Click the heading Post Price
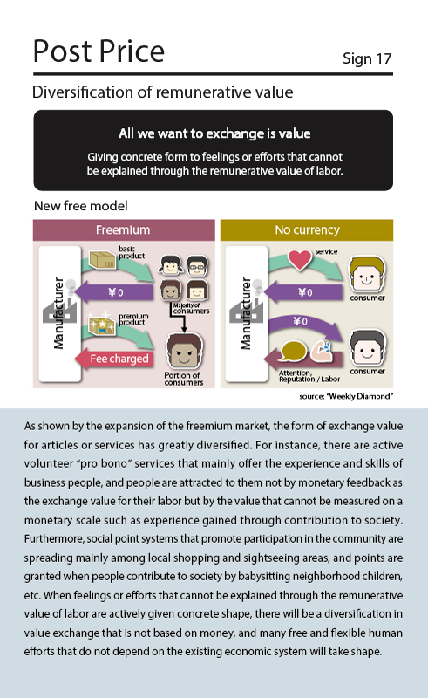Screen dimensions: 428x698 tap(99, 52)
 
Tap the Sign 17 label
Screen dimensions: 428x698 tap(367, 58)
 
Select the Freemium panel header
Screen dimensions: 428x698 tap(124, 230)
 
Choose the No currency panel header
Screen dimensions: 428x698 tap(307, 230)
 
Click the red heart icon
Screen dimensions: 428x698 tap(300, 259)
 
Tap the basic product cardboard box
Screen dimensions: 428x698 tap(103, 260)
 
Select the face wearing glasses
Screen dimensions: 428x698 tap(197, 265)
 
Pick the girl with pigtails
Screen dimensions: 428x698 tap(171, 265)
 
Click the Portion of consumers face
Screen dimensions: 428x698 tap(184, 351)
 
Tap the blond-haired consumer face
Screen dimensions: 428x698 tap(367, 274)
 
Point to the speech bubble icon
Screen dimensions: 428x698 tap(294, 352)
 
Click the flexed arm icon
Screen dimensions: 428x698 tap(322, 351)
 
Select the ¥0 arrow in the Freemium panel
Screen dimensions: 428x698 tap(113, 292)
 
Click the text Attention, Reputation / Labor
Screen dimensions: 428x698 tap(309, 376)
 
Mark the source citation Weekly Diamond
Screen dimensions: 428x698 tap(346, 396)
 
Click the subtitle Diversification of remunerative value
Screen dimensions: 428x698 tap(163, 92)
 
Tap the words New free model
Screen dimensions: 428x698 tap(80, 206)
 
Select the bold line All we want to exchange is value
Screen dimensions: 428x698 tap(214, 133)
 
